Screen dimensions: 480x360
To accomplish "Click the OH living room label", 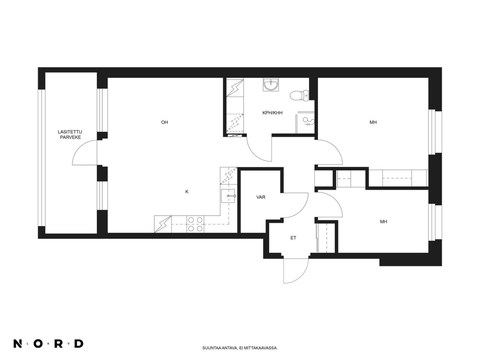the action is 164,123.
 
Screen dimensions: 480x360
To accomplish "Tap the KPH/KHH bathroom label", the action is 272,113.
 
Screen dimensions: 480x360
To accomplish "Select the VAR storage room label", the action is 261,197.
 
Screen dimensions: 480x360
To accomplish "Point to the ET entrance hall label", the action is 293,238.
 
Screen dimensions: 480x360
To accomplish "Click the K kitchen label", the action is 187,192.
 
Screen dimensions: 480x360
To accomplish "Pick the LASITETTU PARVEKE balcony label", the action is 70,135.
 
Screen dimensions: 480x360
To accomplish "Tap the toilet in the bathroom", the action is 299,96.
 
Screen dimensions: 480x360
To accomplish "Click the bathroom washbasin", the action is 271,85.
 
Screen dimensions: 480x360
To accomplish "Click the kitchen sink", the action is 228,196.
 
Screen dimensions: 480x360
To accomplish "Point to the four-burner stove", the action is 195,224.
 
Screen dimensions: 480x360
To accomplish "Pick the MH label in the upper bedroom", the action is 373,123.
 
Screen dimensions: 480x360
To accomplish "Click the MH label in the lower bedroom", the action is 384,222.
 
